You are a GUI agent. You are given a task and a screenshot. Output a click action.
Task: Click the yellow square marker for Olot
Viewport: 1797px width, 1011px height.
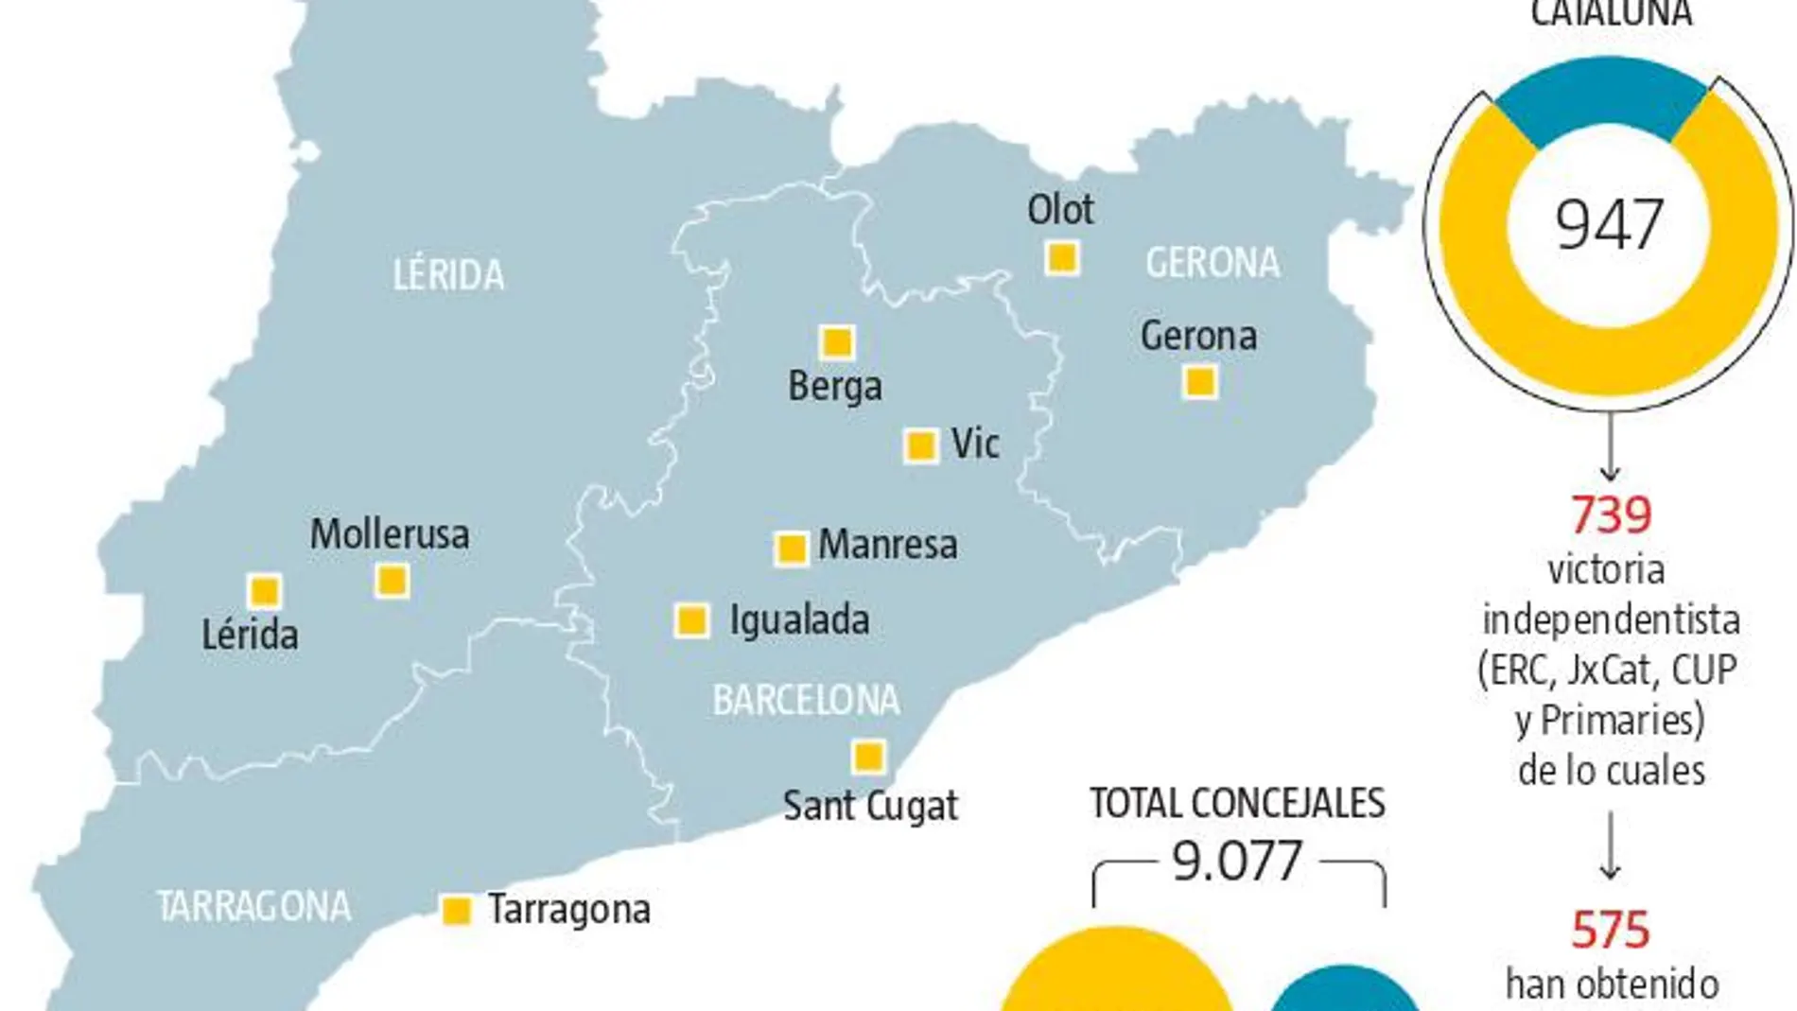[x=1062, y=257]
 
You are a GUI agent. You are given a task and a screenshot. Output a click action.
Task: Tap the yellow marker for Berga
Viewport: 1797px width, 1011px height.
[x=836, y=341]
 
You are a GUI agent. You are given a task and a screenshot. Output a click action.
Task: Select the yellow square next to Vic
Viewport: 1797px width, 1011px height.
[x=920, y=445]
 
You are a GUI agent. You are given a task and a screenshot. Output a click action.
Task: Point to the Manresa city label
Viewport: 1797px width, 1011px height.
[x=887, y=545]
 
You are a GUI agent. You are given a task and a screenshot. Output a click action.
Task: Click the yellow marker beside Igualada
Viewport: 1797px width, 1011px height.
[x=691, y=620]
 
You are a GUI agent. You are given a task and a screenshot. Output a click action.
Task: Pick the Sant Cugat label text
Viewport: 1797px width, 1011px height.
[x=870, y=806]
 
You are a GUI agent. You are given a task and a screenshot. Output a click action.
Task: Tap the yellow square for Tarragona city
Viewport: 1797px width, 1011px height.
[x=457, y=910]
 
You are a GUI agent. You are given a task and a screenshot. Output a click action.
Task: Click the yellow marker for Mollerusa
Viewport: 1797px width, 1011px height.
[x=392, y=580]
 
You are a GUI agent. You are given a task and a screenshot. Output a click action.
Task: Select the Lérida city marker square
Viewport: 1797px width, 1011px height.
[x=264, y=591]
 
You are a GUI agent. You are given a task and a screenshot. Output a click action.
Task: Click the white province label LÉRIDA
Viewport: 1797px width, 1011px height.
[x=448, y=275]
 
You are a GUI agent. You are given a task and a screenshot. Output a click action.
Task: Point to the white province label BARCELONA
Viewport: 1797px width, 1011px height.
[x=806, y=701]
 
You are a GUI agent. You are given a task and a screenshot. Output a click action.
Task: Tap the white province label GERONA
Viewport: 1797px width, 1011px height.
[x=1213, y=263]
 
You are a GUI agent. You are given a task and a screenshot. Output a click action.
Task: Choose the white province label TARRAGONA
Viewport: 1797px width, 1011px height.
[x=253, y=907]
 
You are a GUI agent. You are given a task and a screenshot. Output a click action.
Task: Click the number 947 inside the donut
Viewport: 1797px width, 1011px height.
[x=1609, y=225]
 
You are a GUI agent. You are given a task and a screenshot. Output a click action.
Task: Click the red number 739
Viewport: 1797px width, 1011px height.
[x=1611, y=515]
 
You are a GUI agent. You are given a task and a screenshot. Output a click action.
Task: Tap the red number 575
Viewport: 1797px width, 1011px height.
[x=1611, y=930]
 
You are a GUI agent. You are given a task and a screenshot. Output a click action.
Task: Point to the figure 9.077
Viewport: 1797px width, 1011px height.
[x=1237, y=862]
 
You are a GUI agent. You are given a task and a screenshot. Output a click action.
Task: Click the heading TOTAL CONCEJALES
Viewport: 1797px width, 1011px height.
[x=1237, y=804]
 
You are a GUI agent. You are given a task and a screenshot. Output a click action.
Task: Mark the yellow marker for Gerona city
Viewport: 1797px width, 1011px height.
[x=1200, y=382]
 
